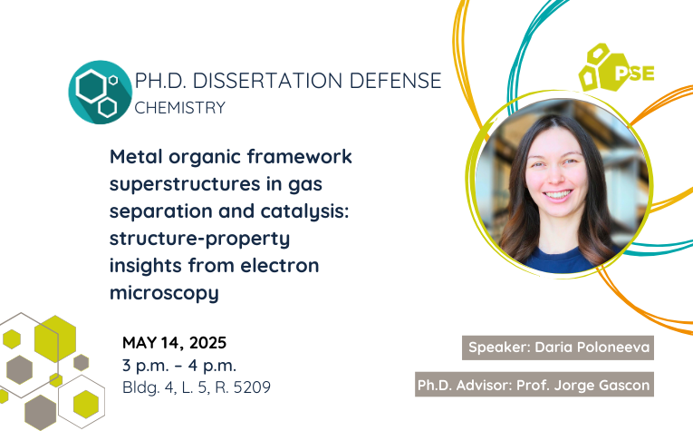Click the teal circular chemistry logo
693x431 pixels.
(101, 92)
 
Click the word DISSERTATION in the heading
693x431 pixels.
(268, 81)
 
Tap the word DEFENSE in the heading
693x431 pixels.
(396, 81)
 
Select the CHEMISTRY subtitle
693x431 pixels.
(180, 108)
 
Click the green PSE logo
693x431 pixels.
(616, 68)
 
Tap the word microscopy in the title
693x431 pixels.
(164, 293)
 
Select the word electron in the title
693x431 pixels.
(280, 266)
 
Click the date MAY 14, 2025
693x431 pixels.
(174, 343)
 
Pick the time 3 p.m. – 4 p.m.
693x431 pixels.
(179, 366)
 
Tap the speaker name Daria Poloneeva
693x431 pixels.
(592, 348)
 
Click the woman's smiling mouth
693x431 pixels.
(557, 194)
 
